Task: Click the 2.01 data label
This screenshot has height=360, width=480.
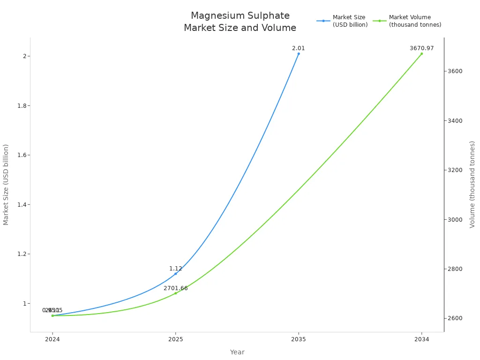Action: [x=298, y=48]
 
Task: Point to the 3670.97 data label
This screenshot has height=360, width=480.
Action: [x=421, y=48]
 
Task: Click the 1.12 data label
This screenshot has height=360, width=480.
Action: [x=175, y=269]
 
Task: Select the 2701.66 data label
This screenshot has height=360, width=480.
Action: [x=175, y=288]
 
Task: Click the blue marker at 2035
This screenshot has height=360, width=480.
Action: [x=299, y=53]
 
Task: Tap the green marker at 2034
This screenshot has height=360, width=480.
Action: [x=421, y=53]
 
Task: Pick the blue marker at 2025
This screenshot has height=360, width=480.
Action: [x=176, y=273]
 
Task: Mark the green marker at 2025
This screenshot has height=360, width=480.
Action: [x=176, y=293]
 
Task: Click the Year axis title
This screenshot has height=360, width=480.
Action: [x=237, y=352]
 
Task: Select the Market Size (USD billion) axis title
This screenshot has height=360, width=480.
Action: [x=6, y=184]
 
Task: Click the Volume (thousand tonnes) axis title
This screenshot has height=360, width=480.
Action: [x=472, y=184]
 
